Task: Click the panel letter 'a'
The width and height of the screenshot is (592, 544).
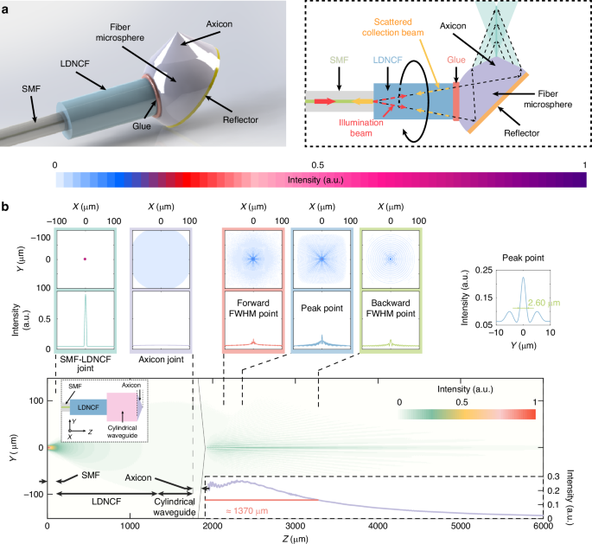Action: click(5, 7)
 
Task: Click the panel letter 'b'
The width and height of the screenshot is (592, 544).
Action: click(5, 208)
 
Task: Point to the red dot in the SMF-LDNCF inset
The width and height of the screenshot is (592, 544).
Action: click(85, 259)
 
